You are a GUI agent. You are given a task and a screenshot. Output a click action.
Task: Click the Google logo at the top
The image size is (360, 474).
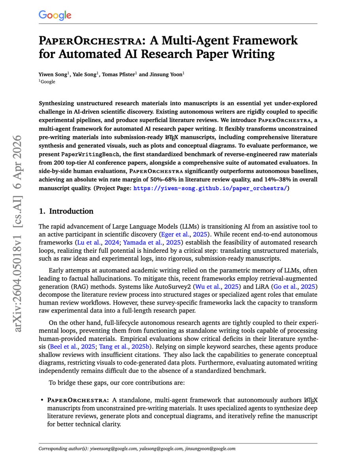(55, 15)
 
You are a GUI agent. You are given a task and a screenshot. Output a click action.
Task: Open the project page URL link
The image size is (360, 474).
(210, 188)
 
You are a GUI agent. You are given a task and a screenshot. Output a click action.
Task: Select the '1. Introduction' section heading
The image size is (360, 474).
(66, 211)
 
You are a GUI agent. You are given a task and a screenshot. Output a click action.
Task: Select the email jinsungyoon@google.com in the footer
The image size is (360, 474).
(209, 449)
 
